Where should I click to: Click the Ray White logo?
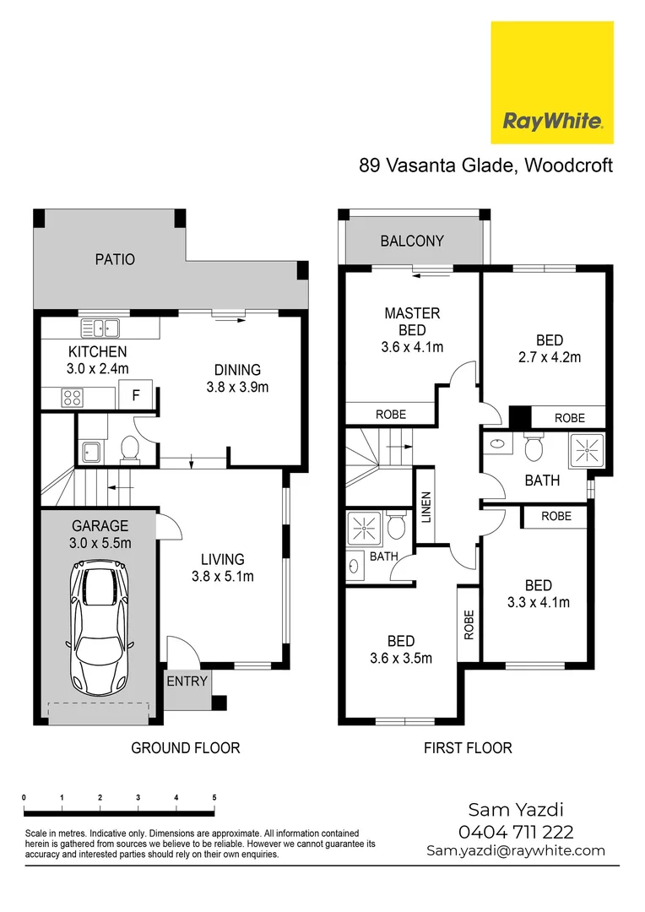click(x=552, y=83)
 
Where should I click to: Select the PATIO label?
click(x=115, y=259)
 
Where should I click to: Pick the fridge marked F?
click(x=135, y=394)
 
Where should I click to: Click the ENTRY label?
click(x=187, y=681)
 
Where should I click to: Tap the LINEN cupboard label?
click(x=426, y=507)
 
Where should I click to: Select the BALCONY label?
click(x=412, y=242)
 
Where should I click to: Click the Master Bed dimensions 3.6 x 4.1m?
click(x=412, y=346)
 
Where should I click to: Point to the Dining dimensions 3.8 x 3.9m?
click(x=237, y=388)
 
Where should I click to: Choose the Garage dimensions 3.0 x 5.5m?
click(x=100, y=543)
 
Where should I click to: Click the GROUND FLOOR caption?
click(x=185, y=747)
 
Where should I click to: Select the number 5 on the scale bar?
click(x=214, y=797)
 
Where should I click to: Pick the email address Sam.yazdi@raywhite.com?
click(x=516, y=850)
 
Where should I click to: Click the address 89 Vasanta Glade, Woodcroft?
click(x=486, y=166)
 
